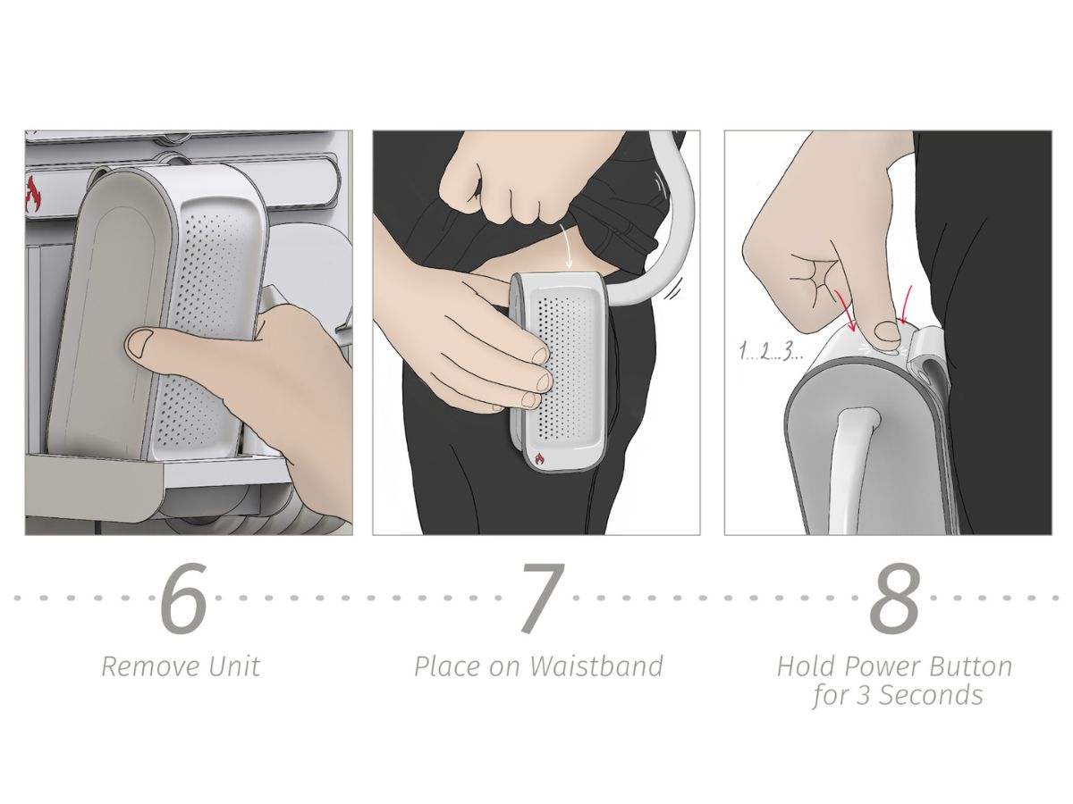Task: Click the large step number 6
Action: coord(182,597)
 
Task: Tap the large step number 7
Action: coord(544,598)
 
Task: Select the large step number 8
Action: coord(894,597)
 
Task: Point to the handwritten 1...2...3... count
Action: coord(770,352)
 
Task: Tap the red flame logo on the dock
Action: coord(33,194)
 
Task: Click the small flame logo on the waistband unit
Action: coord(540,459)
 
